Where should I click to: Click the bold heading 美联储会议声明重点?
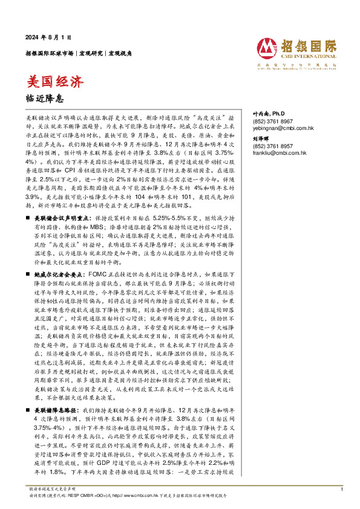[x=63, y=199]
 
